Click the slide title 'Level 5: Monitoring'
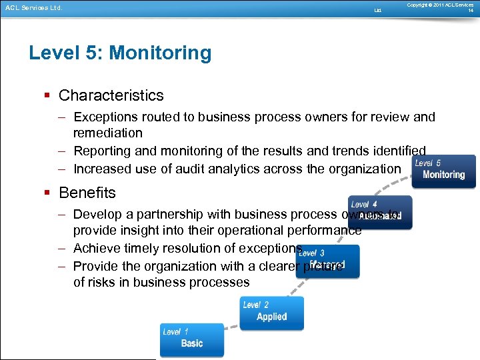(120, 53)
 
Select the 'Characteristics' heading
(111, 96)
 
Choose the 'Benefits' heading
(87, 193)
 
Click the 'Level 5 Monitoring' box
(443, 171)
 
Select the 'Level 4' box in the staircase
(380, 212)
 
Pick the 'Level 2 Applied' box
(272, 313)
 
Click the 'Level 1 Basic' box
(192, 339)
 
